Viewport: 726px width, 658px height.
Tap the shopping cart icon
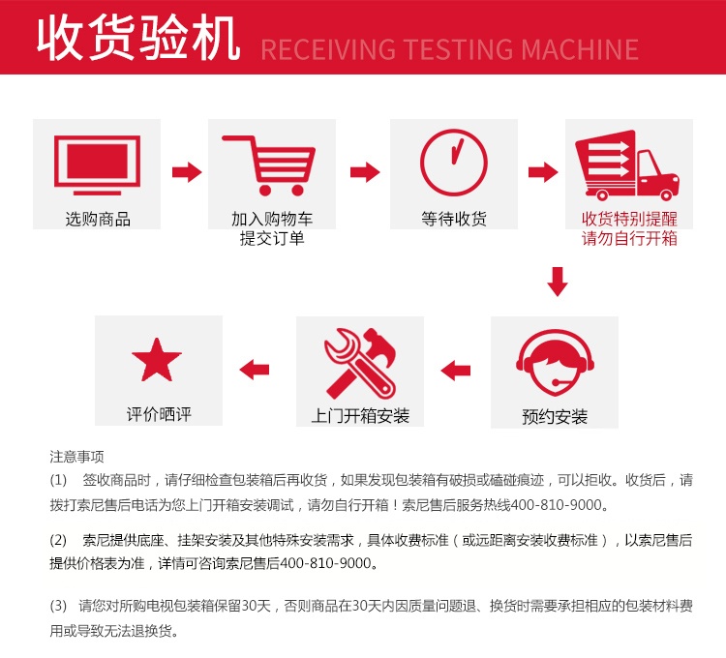click(269, 165)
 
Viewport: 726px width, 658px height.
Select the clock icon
click(454, 163)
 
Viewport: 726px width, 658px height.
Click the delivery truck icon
click(627, 165)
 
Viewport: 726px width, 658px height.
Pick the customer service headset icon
click(556, 362)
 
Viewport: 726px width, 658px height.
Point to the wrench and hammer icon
click(360, 364)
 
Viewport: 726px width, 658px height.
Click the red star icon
click(157, 360)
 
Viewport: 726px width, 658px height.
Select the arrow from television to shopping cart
click(187, 172)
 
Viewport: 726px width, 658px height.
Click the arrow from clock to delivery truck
click(543, 172)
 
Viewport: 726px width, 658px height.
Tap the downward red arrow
click(558, 282)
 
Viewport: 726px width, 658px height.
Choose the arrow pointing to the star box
click(255, 370)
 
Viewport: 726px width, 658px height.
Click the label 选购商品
click(98, 219)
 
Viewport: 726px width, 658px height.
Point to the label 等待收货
click(454, 219)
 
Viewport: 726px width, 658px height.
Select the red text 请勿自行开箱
click(629, 238)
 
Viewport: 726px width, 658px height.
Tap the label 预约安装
click(555, 416)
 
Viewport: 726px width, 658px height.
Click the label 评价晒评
click(159, 414)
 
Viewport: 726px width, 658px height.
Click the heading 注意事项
click(76, 457)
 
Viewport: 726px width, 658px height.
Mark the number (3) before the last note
click(58, 606)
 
